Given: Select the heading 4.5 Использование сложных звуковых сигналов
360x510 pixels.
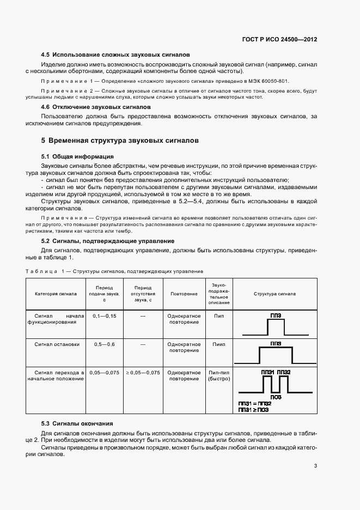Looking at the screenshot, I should coord(115,55).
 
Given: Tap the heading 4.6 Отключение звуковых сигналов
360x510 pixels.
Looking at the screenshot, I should coord(96,107).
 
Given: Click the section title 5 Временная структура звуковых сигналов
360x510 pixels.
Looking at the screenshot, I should coord(120,141).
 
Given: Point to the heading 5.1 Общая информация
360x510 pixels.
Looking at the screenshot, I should coord(77,157).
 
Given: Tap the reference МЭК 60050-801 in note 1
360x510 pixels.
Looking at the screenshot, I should coord(264,81).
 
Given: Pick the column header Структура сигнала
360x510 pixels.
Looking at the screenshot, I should coord(275,294).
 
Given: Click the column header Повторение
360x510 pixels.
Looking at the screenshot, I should coord(184,294).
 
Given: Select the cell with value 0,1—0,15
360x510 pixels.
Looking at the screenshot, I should coord(105,316).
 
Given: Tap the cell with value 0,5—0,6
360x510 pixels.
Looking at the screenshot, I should coord(105,344).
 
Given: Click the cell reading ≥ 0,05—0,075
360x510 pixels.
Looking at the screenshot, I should coord(143,373).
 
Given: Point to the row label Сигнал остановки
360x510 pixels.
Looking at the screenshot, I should coord(57,344).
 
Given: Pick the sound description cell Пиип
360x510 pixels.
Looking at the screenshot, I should coord(219,344).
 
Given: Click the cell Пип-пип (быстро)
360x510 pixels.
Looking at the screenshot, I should coord(219,376).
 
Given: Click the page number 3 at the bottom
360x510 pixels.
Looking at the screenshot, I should coord(315,466).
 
